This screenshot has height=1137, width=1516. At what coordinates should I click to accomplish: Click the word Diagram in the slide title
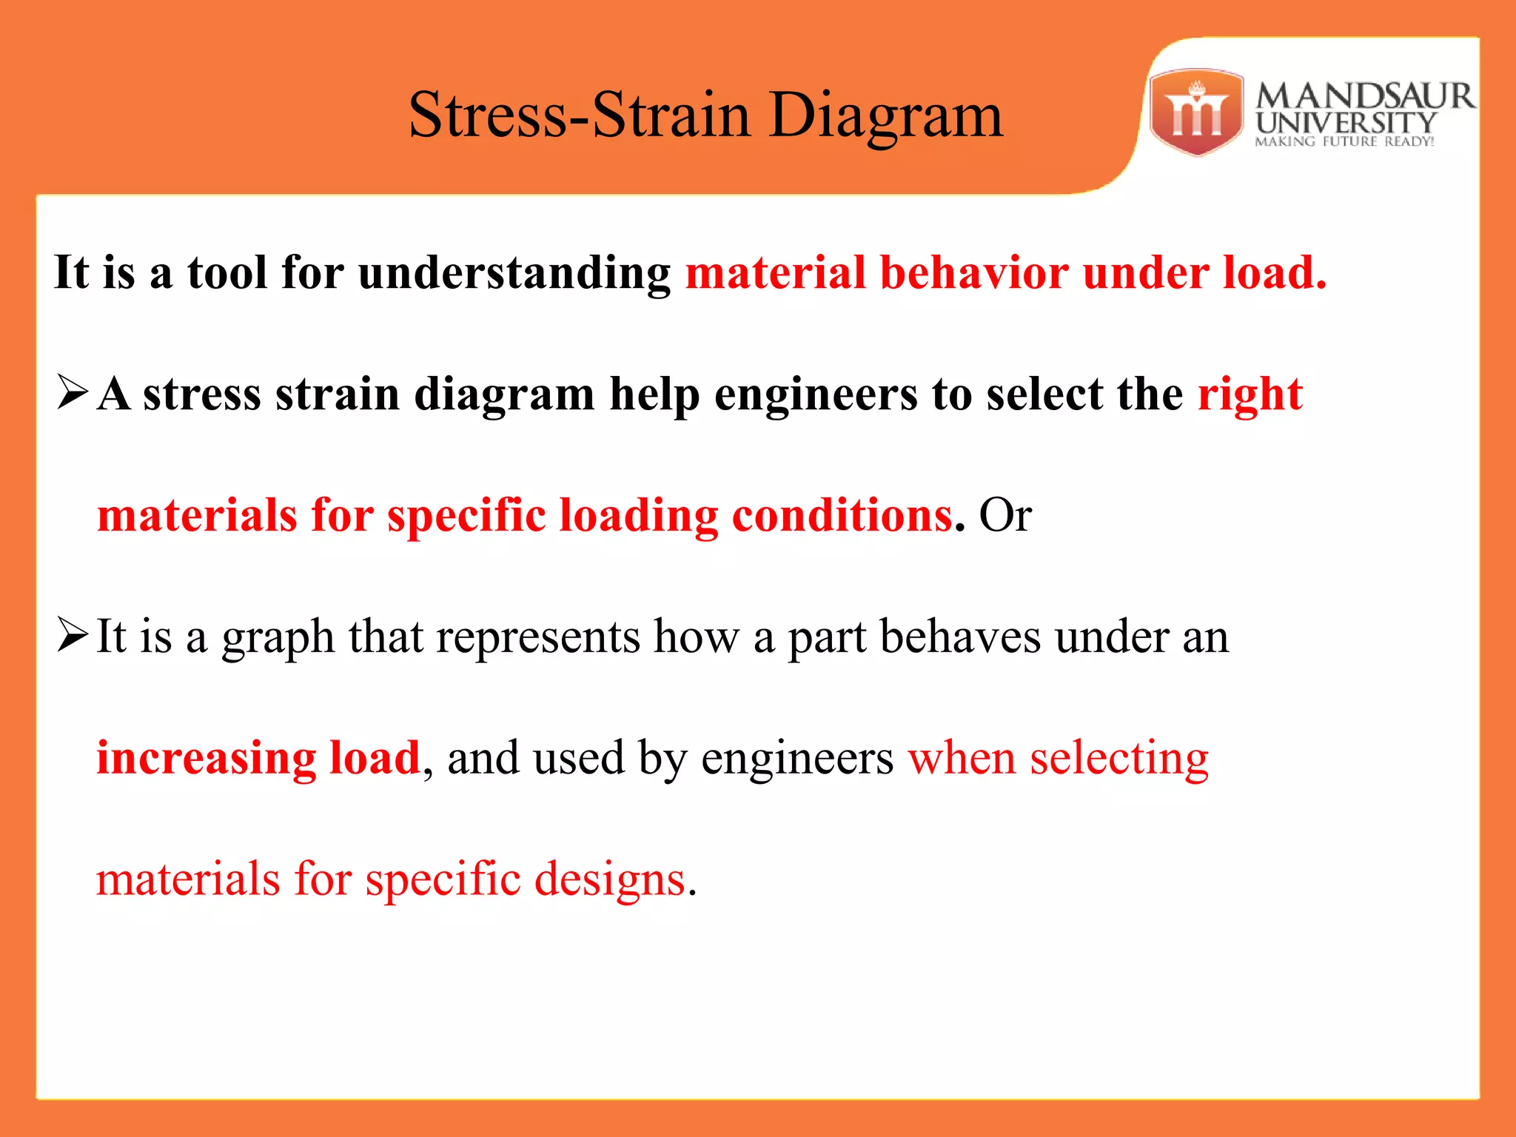(x=885, y=116)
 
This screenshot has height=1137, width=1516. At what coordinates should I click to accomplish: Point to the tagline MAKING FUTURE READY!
(x=1344, y=141)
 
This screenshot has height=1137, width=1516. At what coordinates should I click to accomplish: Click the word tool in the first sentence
(x=227, y=272)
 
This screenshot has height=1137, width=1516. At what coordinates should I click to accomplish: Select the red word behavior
(x=973, y=272)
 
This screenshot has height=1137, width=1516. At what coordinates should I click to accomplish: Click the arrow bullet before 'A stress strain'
(x=73, y=392)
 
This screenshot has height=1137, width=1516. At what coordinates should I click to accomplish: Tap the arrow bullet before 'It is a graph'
(x=73, y=634)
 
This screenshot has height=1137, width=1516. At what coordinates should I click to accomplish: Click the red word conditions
(x=842, y=515)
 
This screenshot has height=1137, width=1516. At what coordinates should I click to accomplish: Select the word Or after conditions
(x=1004, y=515)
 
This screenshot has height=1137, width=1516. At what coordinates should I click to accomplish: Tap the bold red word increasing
(x=205, y=759)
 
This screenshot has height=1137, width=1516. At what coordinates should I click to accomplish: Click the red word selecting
(x=1118, y=759)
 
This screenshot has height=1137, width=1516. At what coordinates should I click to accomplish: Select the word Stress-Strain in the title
(x=579, y=116)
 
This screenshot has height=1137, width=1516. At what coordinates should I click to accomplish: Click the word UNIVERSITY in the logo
(x=1346, y=122)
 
